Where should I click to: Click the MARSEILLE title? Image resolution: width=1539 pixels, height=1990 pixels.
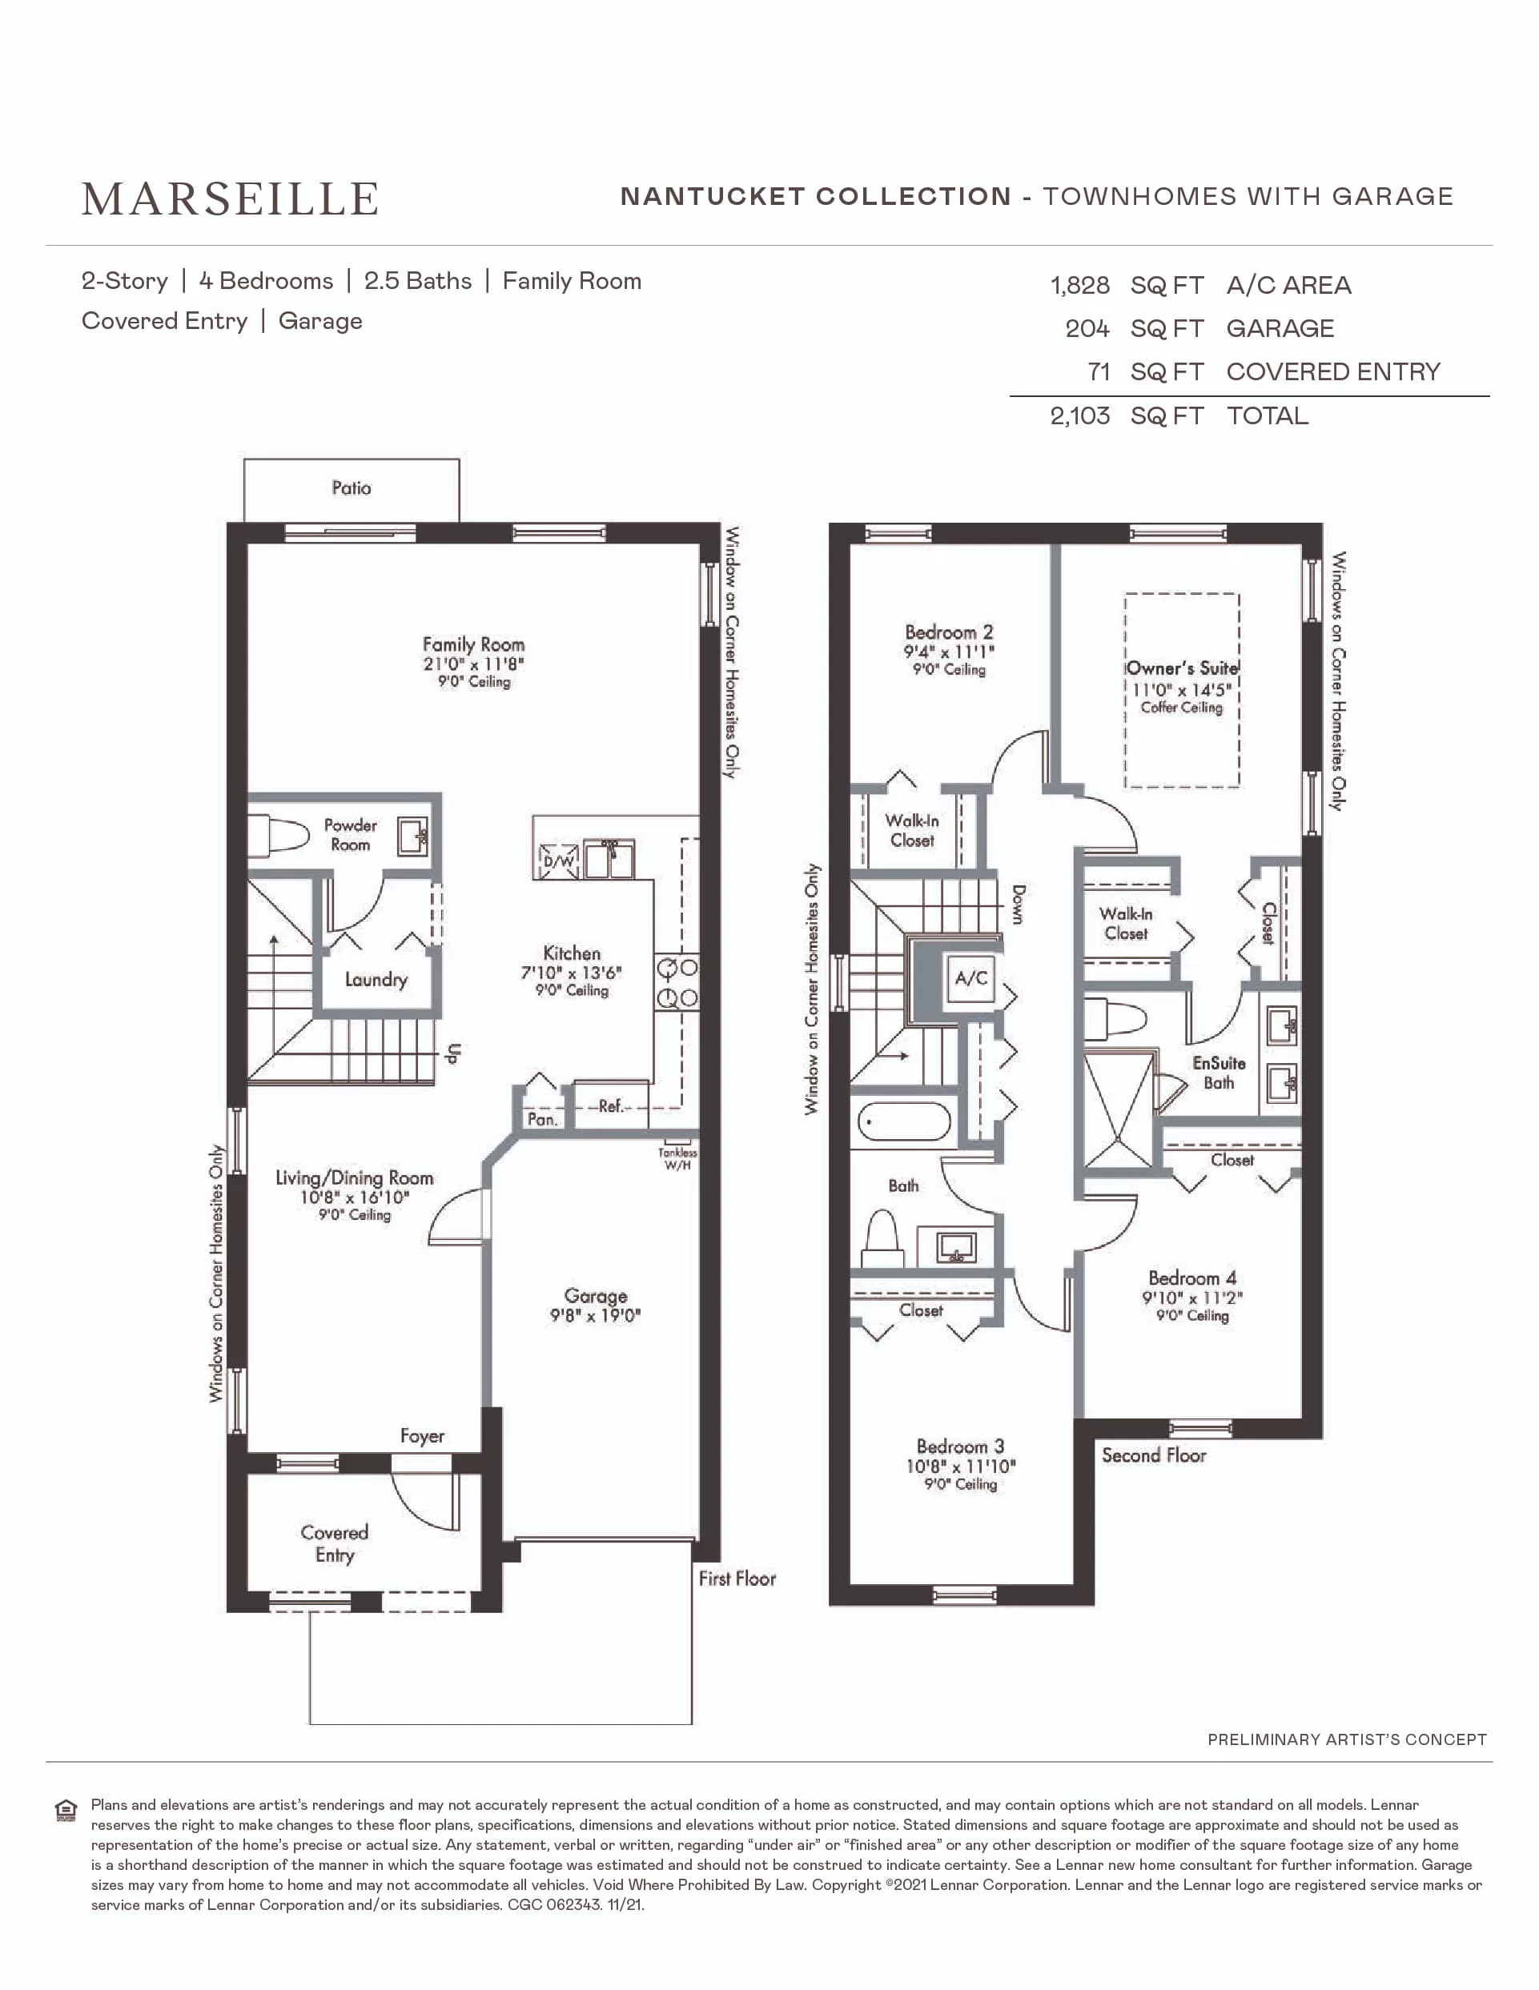click(230, 199)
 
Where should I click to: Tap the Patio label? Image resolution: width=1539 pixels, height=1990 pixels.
click(352, 488)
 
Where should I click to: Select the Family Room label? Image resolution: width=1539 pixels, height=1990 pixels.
click(474, 644)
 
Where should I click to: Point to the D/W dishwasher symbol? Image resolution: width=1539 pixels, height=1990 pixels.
click(559, 861)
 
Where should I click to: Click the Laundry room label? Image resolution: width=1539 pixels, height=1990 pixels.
click(376, 980)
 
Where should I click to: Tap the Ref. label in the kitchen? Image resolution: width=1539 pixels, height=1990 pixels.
click(610, 1105)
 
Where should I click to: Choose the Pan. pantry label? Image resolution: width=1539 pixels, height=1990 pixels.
click(542, 1119)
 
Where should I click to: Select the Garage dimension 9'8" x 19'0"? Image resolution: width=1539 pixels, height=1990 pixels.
click(596, 1316)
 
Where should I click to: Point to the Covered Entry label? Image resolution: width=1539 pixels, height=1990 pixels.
click(335, 1543)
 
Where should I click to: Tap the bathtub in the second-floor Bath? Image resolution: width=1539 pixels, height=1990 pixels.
click(904, 1120)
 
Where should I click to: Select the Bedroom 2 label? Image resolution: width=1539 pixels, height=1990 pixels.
click(949, 632)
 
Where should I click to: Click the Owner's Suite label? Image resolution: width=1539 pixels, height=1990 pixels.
click(1182, 668)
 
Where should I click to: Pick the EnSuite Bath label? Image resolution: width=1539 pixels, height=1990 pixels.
click(1220, 1073)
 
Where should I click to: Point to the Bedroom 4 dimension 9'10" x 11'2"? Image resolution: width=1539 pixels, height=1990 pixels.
click(1193, 1298)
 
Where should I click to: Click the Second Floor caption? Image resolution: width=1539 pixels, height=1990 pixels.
click(1154, 1455)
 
